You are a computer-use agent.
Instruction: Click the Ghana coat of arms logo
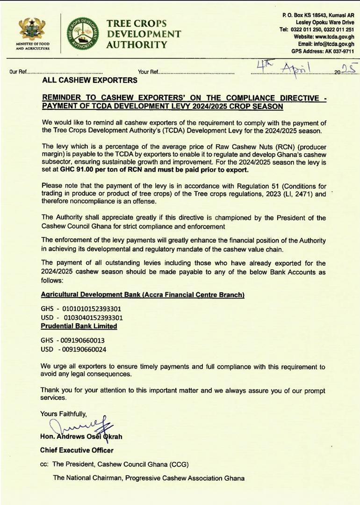click(32, 29)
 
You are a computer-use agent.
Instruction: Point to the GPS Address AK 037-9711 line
click(323, 51)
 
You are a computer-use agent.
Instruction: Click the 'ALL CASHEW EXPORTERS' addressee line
click(90, 80)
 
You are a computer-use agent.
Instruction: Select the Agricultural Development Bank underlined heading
click(143, 295)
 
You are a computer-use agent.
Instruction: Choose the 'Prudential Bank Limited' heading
click(79, 326)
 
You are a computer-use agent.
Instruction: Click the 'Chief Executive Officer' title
click(77, 450)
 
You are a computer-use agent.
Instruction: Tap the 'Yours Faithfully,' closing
click(64, 413)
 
